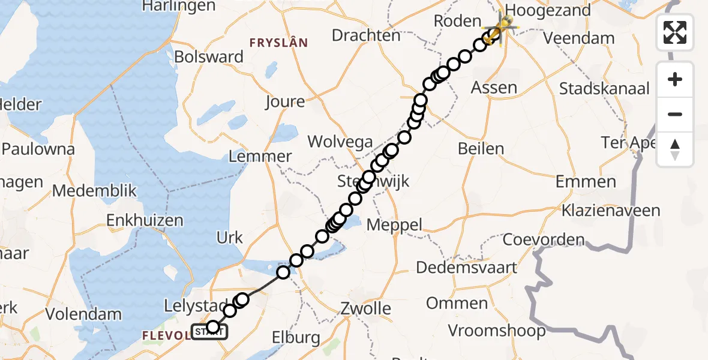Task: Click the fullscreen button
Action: pyautogui.click(x=675, y=32)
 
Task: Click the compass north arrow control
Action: pyautogui.click(x=675, y=149)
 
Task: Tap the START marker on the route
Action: pyautogui.click(x=209, y=331)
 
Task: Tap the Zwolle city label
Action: pyautogui.click(x=365, y=309)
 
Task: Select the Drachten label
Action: pyautogui.click(x=365, y=35)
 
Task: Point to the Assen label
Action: pyautogui.click(x=494, y=88)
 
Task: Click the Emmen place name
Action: pyautogui.click(x=586, y=181)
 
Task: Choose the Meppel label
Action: pyautogui.click(x=394, y=225)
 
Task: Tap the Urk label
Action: pyautogui.click(x=230, y=238)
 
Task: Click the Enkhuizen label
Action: pyautogui.click(x=145, y=220)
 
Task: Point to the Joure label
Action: pyautogui.click(x=285, y=102)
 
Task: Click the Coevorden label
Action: pyautogui.click(x=543, y=240)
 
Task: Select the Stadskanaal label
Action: pyautogui.click(x=604, y=89)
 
